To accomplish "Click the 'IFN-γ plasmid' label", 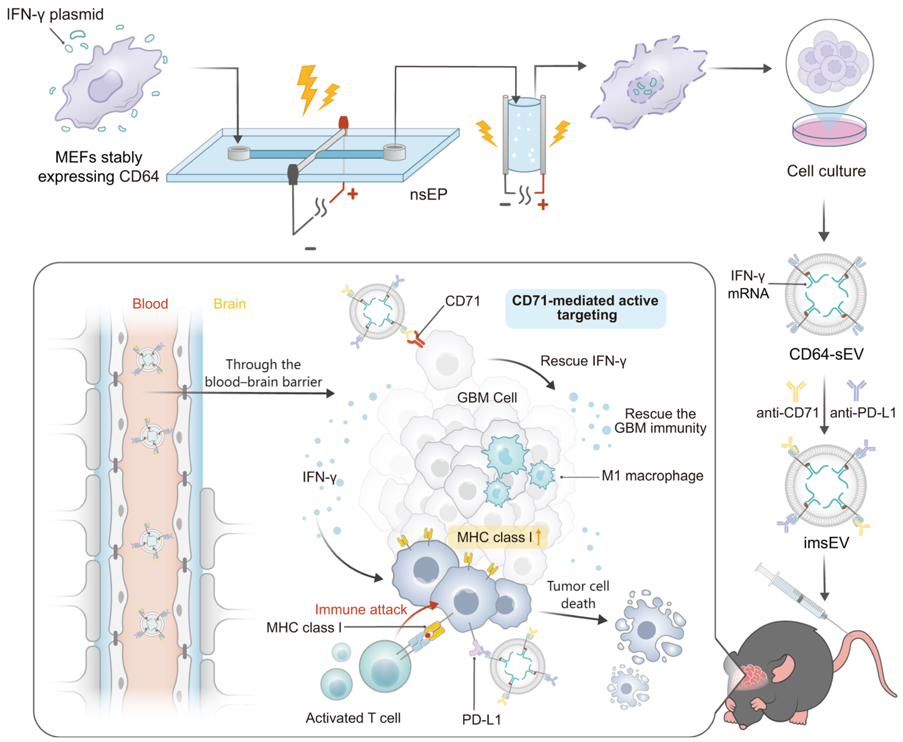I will tap(55, 14).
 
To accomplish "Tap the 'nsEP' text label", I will tap(428, 195).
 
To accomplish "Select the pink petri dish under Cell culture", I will tap(829, 130).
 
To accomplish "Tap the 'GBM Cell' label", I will tap(487, 397).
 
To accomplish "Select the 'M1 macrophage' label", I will tap(652, 476).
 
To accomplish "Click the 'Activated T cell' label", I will tap(353, 718).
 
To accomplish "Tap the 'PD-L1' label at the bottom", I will tap(481, 720).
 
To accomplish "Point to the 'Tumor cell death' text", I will tap(578, 595).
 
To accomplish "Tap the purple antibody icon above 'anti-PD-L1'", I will tap(856, 389).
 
